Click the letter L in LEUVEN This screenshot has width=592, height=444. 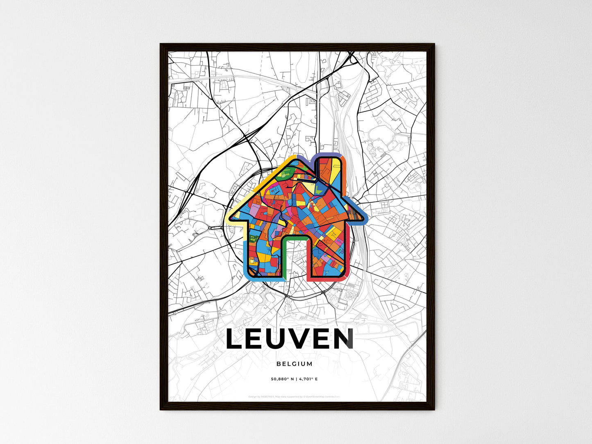pos(236,339)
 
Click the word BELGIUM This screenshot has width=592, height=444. pos(294,364)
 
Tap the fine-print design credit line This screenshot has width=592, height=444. pos(294,396)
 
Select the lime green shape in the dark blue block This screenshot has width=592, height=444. pos(319,189)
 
